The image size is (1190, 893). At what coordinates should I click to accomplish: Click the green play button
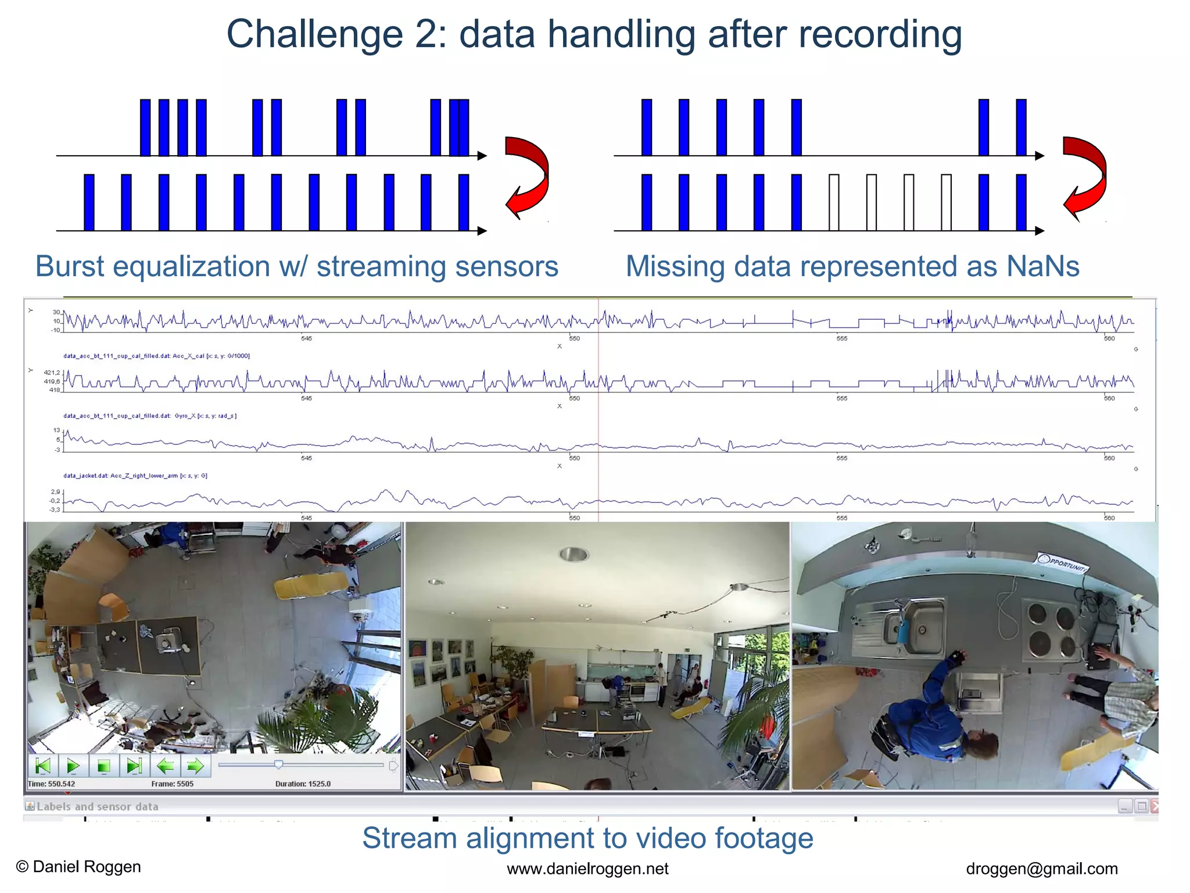pos(73,766)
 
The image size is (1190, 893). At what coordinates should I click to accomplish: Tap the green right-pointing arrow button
pos(195,766)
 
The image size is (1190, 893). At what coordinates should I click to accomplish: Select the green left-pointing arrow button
pos(165,766)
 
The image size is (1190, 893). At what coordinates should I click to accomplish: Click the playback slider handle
pos(279,765)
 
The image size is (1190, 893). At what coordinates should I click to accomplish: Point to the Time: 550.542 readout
pos(51,784)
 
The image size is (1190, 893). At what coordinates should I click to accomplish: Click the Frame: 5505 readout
pos(172,784)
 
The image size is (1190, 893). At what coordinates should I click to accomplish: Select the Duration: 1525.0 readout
pos(303,784)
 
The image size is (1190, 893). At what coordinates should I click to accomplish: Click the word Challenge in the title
pos(314,34)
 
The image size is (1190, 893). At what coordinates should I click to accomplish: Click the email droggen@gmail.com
pos(1041,869)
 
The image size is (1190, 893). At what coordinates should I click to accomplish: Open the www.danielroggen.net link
pos(587,869)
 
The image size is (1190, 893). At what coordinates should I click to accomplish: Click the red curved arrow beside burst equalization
pos(526,177)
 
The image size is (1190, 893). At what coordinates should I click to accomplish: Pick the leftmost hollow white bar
pos(834,202)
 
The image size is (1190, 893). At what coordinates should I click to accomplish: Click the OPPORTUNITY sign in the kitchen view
pos(1062,563)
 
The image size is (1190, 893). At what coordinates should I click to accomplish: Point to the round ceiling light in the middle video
pos(574,554)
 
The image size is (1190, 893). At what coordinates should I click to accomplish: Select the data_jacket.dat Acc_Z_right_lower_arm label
pos(135,476)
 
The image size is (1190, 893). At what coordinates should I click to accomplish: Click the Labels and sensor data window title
pos(97,806)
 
